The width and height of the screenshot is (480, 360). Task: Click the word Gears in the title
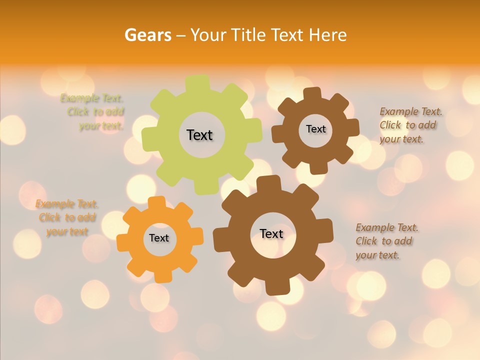point(147,35)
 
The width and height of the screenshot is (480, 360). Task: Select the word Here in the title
point(328,35)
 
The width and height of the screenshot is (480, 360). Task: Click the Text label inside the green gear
point(199,135)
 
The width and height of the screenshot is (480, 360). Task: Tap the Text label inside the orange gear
point(159,238)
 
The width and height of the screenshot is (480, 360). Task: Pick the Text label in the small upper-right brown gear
point(315,129)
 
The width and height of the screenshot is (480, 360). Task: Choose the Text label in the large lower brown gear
point(271,233)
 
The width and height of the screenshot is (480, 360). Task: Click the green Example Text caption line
point(92,98)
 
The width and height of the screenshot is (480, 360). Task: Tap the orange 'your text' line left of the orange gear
point(67,231)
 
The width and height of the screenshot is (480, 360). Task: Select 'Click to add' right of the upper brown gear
point(407,125)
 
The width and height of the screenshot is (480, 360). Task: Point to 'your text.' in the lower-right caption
point(377,255)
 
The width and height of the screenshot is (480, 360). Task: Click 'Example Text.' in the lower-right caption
point(387,227)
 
